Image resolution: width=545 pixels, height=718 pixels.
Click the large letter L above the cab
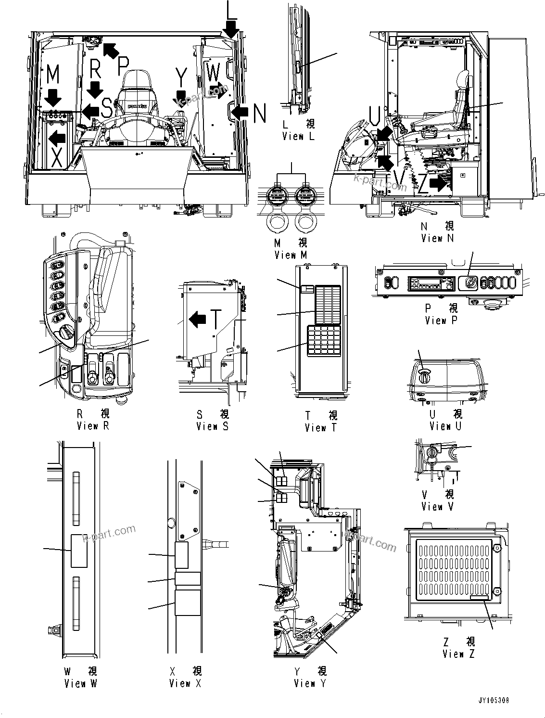click(x=231, y=11)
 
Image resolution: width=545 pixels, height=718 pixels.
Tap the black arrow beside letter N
click(x=240, y=113)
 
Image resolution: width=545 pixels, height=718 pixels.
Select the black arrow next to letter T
click(x=197, y=319)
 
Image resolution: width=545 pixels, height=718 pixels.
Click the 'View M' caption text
click(x=291, y=255)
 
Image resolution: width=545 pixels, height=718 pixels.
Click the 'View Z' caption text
click(x=459, y=654)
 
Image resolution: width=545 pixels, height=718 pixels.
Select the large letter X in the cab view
click(x=57, y=157)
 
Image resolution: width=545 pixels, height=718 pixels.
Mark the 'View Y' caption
click(x=310, y=683)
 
